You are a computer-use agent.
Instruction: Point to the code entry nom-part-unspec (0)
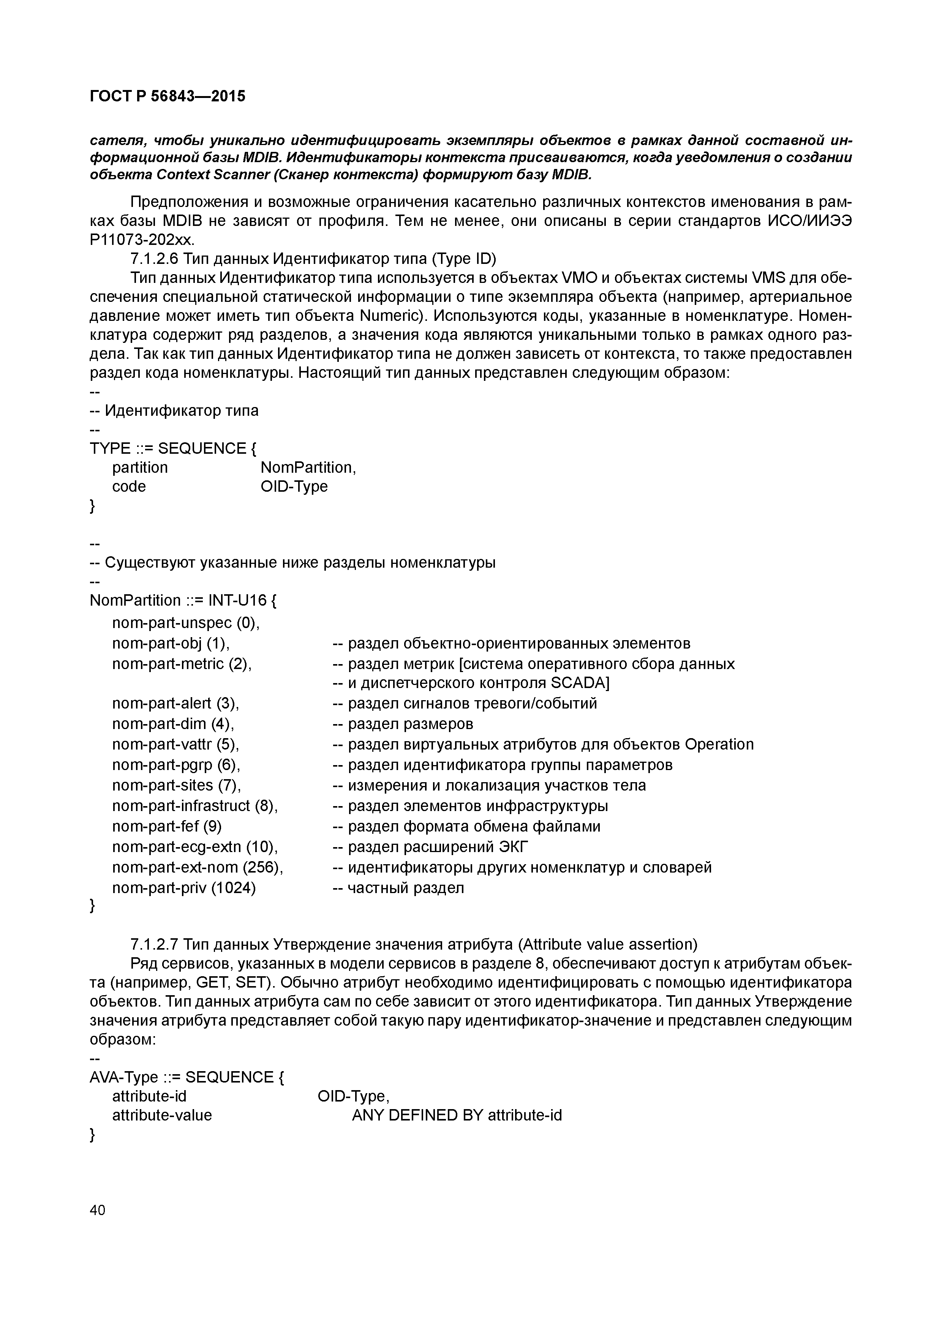(186, 623)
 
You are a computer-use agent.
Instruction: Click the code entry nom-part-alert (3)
(176, 703)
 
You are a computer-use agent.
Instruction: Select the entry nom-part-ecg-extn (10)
(195, 847)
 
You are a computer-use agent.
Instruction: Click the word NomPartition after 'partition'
(308, 467)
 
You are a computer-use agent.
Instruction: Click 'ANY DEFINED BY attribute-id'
(457, 1115)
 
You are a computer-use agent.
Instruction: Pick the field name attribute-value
(162, 1115)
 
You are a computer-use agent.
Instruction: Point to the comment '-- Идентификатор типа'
(174, 411)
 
